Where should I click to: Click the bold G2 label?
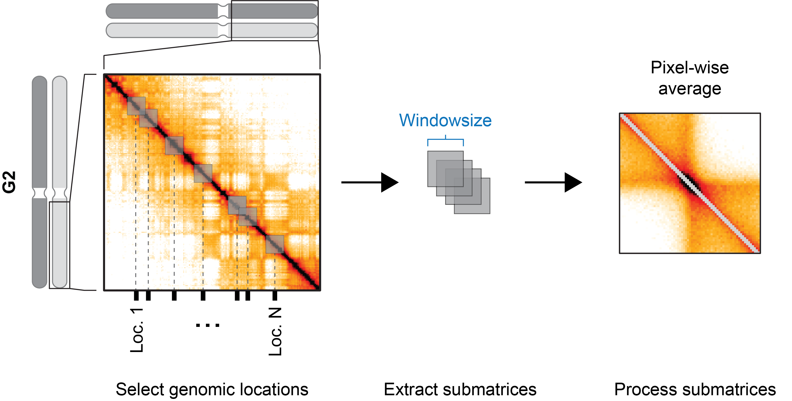point(9,182)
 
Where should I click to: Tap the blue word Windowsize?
point(445,120)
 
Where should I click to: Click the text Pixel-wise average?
point(690,78)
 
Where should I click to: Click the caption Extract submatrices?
point(460,389)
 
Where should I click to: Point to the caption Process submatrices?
point(695,389)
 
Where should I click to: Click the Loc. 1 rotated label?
point(136,330)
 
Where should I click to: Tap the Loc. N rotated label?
point(275,332)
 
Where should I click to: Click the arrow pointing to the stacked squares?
point(370,182)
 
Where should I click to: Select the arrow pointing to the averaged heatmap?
point(553,182)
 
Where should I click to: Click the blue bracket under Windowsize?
point(445,141)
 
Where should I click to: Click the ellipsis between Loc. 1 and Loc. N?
point(207,325)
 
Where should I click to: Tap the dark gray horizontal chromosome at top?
point(212,11)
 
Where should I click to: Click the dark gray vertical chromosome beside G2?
point(40,182)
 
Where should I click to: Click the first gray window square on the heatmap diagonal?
point(136,106)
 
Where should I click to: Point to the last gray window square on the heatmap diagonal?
point(275,244)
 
